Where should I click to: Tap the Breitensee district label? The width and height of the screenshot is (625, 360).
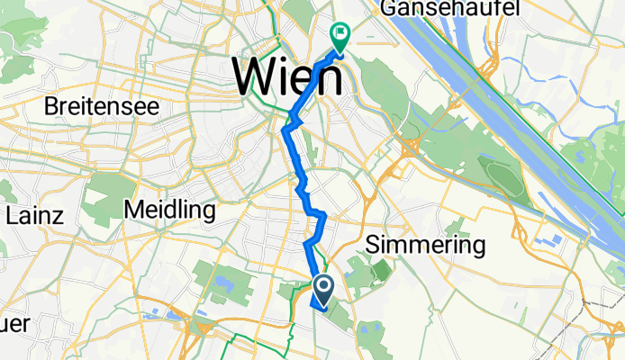tap(103, 106)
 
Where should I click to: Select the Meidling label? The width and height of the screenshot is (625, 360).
tap(169, 211)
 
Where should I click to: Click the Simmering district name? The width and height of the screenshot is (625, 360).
tap(426, 245)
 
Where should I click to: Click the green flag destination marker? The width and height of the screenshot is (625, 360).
tap(341, 37)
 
